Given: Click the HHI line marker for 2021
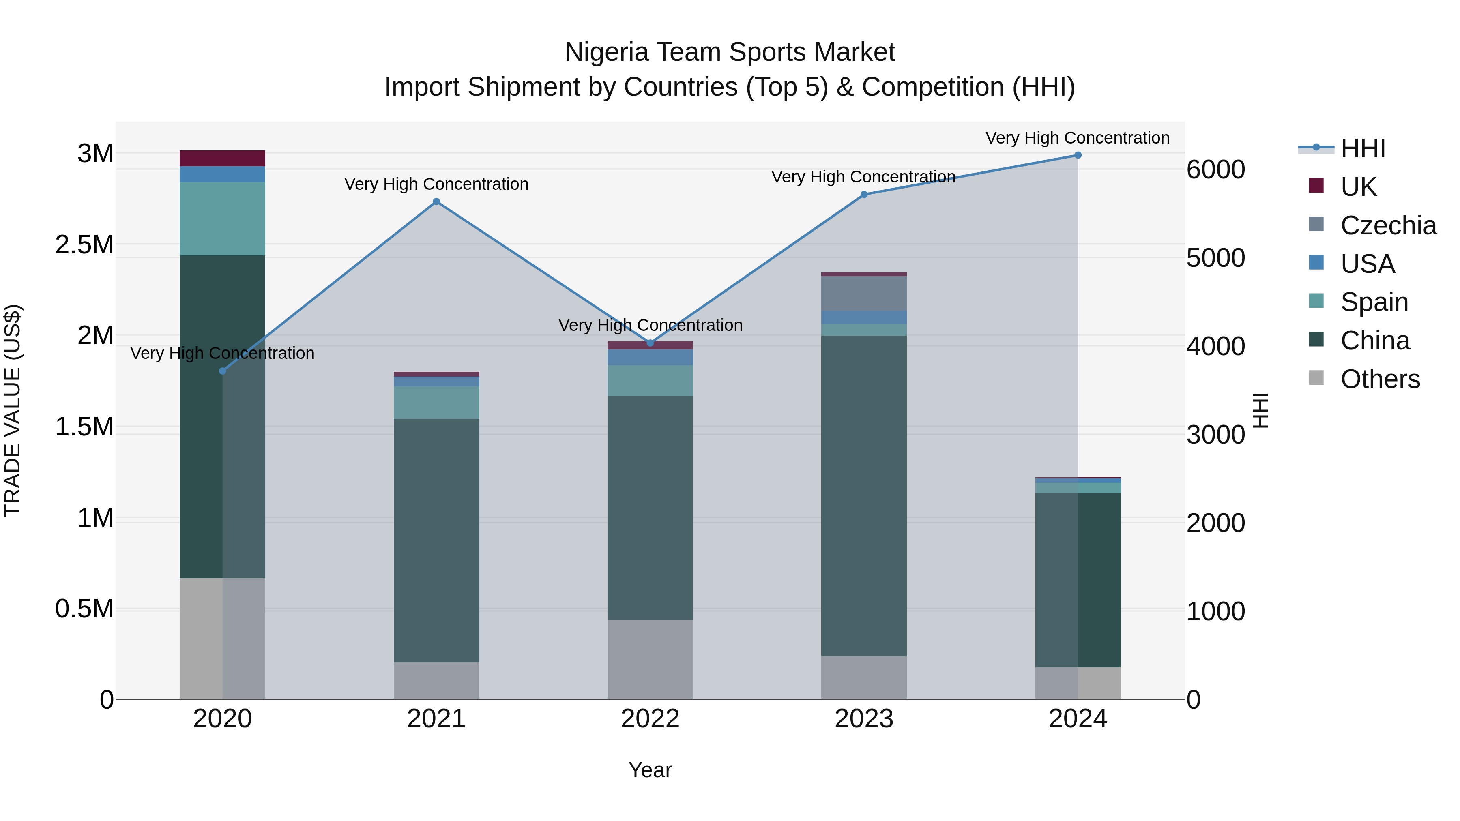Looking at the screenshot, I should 436,202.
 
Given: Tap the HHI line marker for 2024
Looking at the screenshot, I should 1078,155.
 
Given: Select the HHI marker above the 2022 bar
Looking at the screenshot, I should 651,343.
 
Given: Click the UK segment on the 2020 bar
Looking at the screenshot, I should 222,158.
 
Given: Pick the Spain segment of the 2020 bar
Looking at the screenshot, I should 222,219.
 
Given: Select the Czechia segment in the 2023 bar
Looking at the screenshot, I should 864,294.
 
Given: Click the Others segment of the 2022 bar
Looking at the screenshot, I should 650,659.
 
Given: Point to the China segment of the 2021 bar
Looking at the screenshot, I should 436,540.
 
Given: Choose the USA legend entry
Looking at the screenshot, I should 1367,264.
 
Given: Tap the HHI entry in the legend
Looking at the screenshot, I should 1363,148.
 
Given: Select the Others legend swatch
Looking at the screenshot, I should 1316,378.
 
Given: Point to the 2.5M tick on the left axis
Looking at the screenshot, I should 84,245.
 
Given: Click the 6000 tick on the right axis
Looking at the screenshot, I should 1216,169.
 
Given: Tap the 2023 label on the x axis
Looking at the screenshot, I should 864,719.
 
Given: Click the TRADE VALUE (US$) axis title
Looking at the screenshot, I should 13,410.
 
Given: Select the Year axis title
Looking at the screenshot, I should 650,770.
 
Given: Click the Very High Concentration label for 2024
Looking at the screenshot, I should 1078,138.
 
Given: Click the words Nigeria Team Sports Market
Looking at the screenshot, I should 730,52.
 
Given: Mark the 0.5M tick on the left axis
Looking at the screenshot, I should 84,609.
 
